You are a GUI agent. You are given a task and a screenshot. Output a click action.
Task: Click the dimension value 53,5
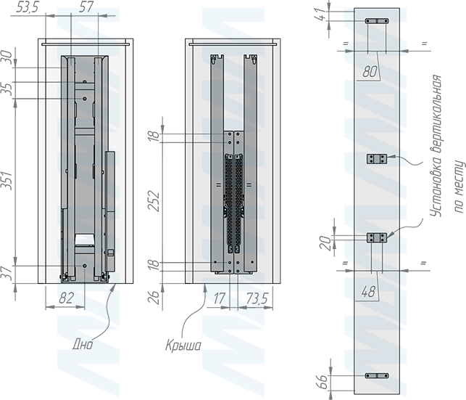pos(28,7)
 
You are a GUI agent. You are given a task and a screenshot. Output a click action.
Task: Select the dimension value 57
pos(86,7)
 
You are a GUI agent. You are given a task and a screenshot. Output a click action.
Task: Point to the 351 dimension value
pos(7,181)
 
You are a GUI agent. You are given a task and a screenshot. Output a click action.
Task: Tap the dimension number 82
pos(66,298)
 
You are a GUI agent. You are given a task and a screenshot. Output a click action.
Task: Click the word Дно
pos(83,344)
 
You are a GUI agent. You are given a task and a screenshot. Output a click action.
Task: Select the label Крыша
pos(183,346)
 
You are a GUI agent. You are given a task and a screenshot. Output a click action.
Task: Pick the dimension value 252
pos(154,203)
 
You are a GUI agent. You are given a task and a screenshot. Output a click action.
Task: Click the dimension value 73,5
pos(257,298)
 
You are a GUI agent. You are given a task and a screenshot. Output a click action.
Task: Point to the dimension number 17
pos(219,298)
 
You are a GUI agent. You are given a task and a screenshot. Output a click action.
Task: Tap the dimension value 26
pos(154,298)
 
